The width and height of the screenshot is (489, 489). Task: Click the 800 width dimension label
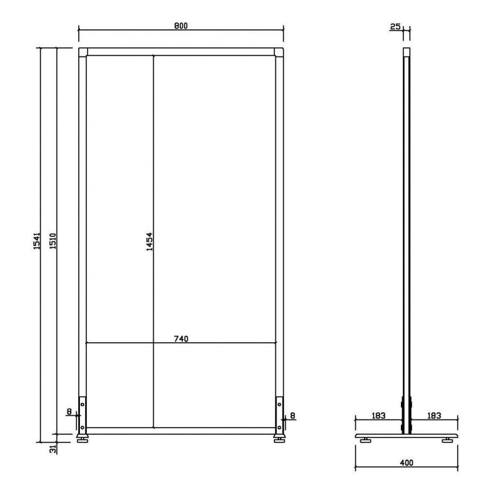point(181,26)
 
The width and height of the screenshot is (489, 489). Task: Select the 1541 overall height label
point(37,241)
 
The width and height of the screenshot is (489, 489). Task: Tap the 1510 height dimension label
point(53,241)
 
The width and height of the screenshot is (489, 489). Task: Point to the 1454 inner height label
point(149,241)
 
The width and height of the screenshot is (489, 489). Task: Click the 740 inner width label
point(181,338)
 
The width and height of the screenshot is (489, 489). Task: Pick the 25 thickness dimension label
point(395,27)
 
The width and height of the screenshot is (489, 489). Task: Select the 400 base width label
point(406,462)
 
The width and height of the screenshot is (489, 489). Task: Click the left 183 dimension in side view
point(378,416)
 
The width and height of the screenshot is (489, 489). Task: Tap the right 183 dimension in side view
point(434,416)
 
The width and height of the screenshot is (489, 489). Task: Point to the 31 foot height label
point(53,449)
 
